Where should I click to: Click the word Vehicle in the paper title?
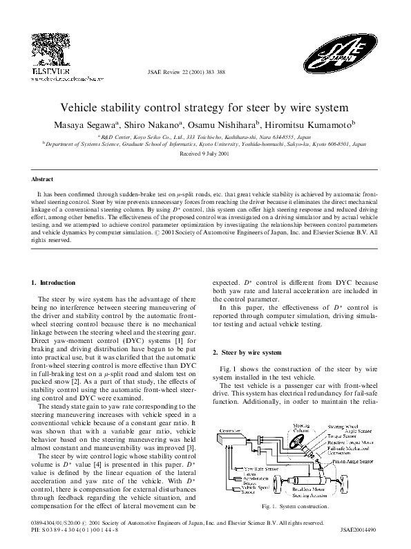pos(83,109)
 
